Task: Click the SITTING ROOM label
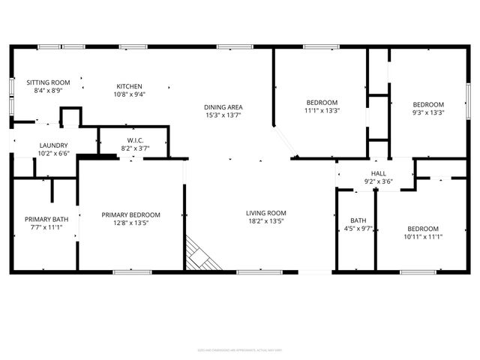tap(48, 82)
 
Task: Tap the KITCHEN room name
tap(129, 86)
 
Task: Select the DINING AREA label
tap(223, 107)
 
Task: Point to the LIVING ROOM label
tap(266, 213)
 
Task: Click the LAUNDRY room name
tap(54, 145)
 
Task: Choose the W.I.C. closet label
tap(136, 140)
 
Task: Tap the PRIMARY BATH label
tap(46, 219)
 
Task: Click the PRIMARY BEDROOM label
tap(131, 214)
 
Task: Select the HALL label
tap(379, 173)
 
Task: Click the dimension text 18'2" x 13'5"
tap(266, 222)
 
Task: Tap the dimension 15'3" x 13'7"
tap(223, 116)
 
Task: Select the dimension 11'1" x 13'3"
tap(322, 111)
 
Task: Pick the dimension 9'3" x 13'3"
tap(429, 113)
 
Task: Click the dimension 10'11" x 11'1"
tap(424, 237)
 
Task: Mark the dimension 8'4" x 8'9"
tap(48, 91)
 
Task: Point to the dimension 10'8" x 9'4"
tap(129, 94)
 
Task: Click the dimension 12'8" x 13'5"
tap(131, 223)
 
